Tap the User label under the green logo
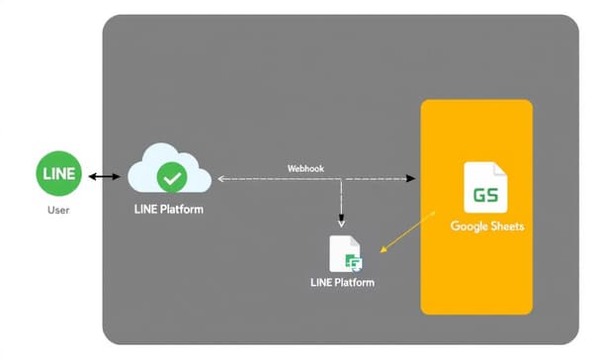coord(58,211)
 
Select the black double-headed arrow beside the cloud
coord(102,178)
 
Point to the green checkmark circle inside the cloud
coord(173,178)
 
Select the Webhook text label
coord(305,167)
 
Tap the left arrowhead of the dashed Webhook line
coord(220,179)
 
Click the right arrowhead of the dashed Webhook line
coord(411,179)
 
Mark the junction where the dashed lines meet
coord(341,179)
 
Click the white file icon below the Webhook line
coord(344,254)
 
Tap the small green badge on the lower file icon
coord(352,262)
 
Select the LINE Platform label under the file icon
coord(343,284)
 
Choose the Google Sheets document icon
coord(485,189)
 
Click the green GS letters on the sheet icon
coord(485,195)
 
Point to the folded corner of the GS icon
coord(501,169)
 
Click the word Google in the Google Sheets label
coord(469,226)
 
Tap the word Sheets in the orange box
coord(505,226)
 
